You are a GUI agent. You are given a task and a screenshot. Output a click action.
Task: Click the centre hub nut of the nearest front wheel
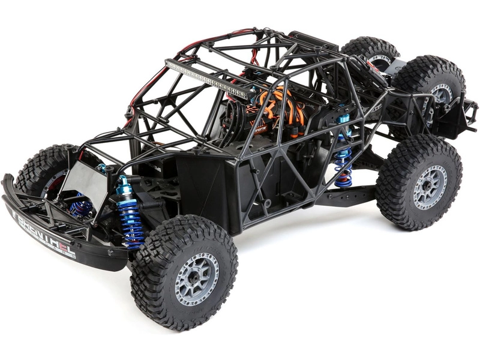[x=196, y=278]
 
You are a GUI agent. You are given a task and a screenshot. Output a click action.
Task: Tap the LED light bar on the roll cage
[x=207, y=79]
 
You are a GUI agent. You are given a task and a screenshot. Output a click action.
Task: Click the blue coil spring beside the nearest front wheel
[x=131, y=220]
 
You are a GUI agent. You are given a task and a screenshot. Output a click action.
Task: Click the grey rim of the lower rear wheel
[x=430, y=187]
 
